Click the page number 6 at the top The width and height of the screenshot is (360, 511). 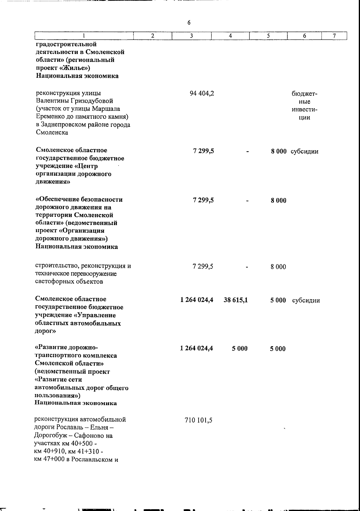click(189, 23)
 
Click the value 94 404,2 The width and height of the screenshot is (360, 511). click(202, 94)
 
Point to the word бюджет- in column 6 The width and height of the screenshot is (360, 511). click(304, 94)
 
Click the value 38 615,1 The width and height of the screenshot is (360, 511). click(235, 300)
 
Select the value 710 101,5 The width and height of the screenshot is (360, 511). click(199, 420)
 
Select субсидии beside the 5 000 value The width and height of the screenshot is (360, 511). click(306, 300)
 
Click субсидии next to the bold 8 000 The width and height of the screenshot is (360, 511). click(304, 151)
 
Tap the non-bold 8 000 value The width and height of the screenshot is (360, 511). click(278, 267)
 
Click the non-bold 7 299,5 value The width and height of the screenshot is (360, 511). click(203, 266)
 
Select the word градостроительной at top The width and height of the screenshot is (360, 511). click(66, 44)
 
